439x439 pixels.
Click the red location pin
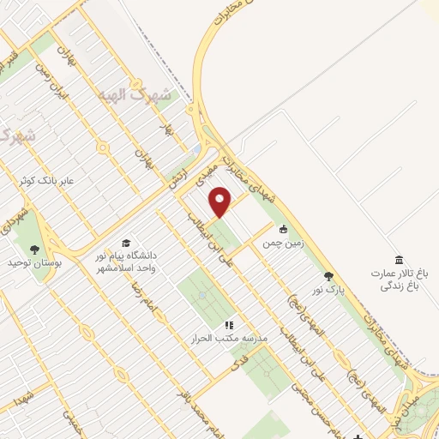[221, 202]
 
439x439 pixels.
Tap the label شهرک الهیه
[148, 94]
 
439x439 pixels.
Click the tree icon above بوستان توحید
[34, 250]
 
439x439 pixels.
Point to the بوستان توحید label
[34, 262]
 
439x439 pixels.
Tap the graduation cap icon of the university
[127, 243]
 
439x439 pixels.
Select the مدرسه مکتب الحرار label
[230, 339]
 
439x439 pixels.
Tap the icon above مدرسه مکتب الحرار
[229, 325]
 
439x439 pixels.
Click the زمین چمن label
[283, 244]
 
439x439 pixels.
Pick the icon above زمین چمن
[283, 229]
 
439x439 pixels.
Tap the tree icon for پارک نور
[328, 276]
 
